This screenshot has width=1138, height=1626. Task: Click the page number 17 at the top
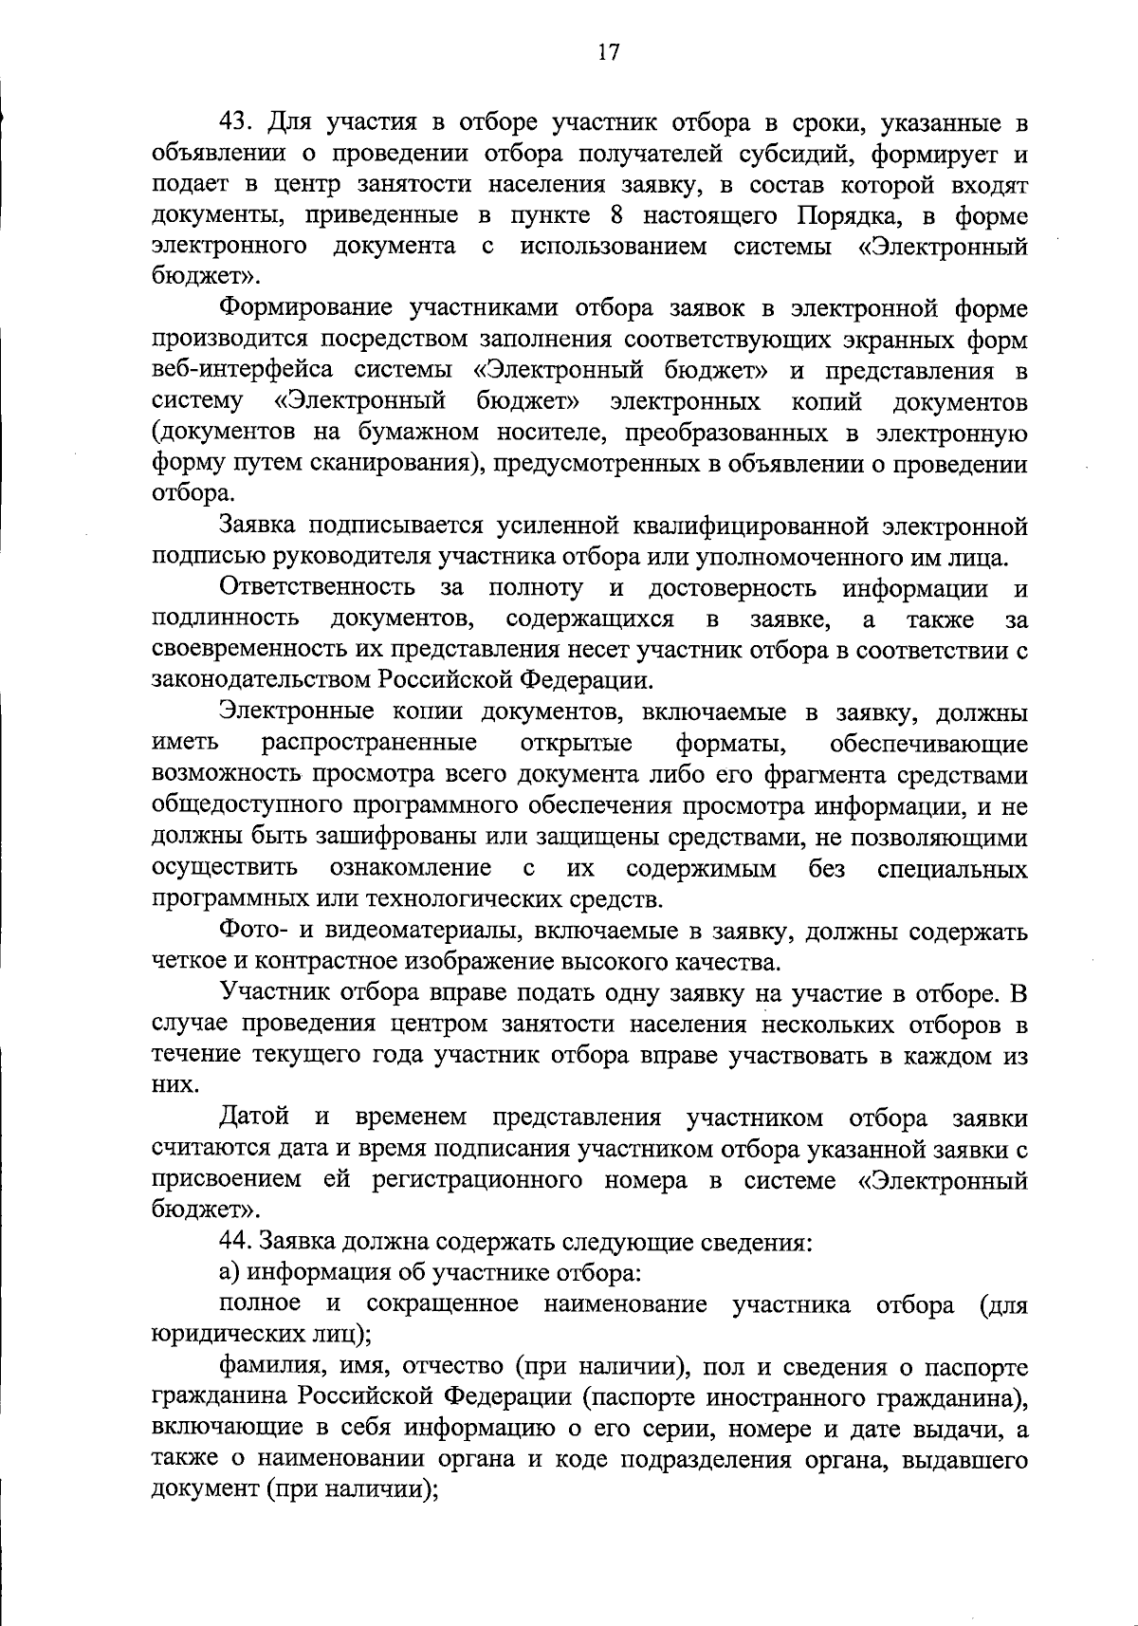pos(608,53)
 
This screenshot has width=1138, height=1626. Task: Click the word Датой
pos(254,1118)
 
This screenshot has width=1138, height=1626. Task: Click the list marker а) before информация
pos(229,1273)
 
